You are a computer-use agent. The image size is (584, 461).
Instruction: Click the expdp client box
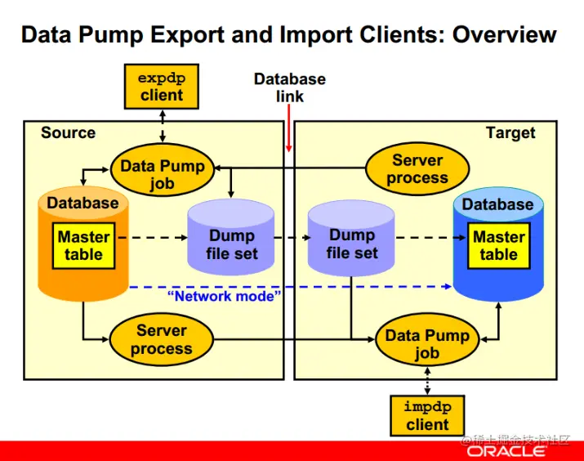[x=161, y=87]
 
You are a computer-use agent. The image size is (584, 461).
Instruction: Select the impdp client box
[x=427, y=415]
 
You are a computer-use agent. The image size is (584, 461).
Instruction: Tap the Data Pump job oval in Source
[x=163, y=170]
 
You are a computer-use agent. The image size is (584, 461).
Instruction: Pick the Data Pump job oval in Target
[x=427, y=340]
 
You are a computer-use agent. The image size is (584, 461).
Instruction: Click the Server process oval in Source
[x=161, y=339]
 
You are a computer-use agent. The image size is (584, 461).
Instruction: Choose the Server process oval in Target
[x=417, y=168]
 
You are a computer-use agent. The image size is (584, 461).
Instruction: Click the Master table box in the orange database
[x=83, y=245]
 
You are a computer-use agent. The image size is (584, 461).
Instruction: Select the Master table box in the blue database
[x=499, y=245]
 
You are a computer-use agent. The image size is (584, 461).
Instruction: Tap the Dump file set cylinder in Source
[x=231, y=237]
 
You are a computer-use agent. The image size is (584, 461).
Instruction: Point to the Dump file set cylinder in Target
[x=351, y=237]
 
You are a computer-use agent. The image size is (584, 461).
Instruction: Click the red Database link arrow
[x=288, y=128]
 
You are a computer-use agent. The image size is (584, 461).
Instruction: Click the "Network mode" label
[x=225, y=296]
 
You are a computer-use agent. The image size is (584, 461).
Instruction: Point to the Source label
[x=68, y=132]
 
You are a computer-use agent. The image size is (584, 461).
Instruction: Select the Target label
[x=510, y=133]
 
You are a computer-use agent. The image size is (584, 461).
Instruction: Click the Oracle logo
[x=506, y=451]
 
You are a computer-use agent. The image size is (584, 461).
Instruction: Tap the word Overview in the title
[x=504, y=34]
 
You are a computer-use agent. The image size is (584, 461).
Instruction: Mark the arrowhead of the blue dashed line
[x=448, y=286]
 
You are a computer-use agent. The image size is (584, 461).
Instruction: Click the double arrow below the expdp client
[x=163, y=126]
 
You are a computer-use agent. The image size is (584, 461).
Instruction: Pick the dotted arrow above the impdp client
[x=427, y=381]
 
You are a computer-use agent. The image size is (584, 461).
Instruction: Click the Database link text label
[x=290, y=87]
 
